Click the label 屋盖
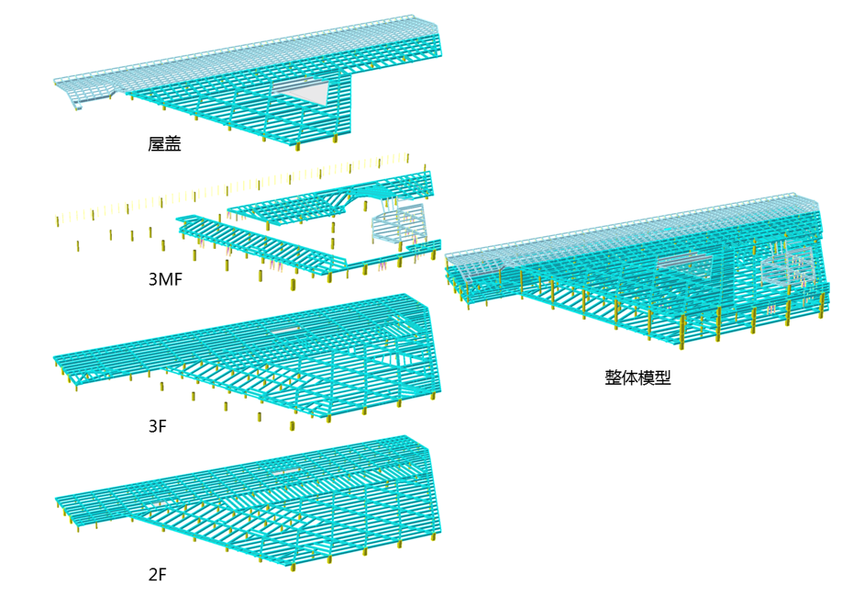pyautogui.click(x=164, y=143)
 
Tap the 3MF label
pyautogui.click(x=166, y=279)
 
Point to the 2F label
pyautogui.click(x=157, y=575)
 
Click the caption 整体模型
pyautogui.click(x=637, y=377)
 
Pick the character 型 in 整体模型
pyautogui.click(x=662, y=377)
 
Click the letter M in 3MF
pyautogui.click(x=166, y=279)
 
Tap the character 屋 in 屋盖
pyautogui.click(x=156, y=143)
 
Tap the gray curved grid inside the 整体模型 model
pyautogui.click(x=786, y=265)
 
